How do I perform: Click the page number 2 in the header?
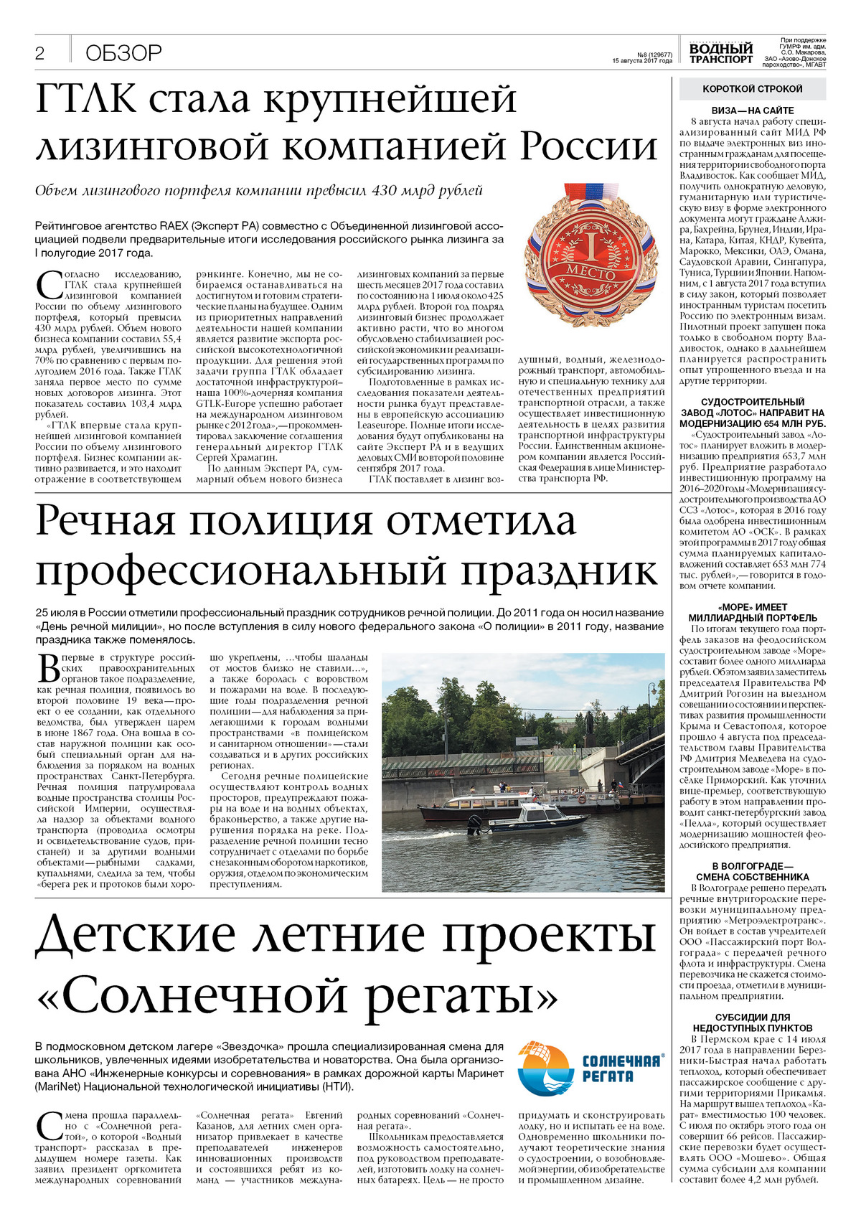tap(40, 53)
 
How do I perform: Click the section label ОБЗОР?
tap(123, 53)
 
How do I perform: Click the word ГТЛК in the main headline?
tap(85, 99)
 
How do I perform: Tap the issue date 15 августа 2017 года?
tap(642, 61)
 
